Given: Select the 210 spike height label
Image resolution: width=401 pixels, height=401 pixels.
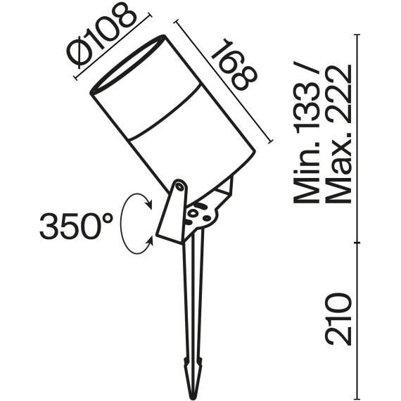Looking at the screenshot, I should (338, 318).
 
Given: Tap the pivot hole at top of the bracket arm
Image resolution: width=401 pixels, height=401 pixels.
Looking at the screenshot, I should (180, 187).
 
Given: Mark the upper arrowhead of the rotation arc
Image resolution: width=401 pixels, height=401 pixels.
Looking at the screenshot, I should (150, 204).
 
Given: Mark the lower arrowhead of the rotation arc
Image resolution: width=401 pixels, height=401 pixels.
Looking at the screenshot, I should (150, 243).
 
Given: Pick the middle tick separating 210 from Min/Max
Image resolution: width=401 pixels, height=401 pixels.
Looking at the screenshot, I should (359, 243).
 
